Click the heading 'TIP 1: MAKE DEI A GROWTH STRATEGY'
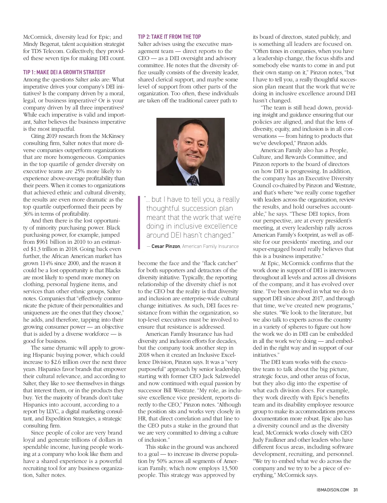pos(64,72)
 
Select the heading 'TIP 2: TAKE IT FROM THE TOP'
pos(170,37)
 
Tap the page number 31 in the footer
pos(355,489)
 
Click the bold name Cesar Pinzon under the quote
pos(165,246)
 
